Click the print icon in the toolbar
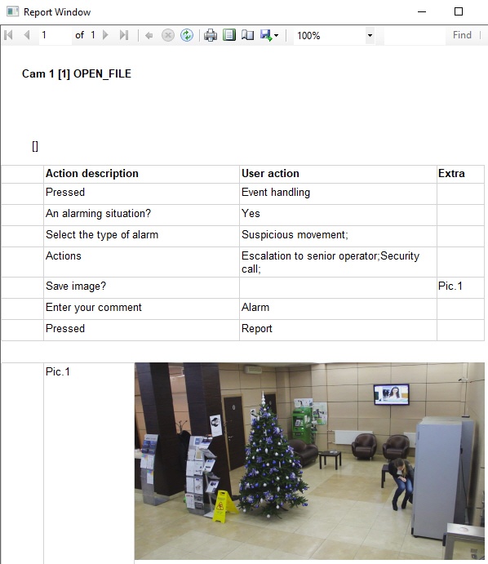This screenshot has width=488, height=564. pyautogui.click(x=211, y=35)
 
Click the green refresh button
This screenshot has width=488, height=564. pyautogui.click(x=187, y=35)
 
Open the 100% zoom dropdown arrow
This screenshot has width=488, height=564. pyautogui.click(x=370, y=35)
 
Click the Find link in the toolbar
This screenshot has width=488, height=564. pyautogui.click(x=462, y=35)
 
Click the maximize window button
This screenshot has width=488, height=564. pyautogui.click(x=459, y=11)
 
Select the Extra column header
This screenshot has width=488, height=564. pyautogui.click(x=451, y=173)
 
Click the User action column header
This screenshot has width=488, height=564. pyautogui.click(x=270, y=173)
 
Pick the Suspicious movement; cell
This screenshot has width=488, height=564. pyautogui.click(x=295, y=234)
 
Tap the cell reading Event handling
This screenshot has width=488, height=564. pyautogui.click(x=276, y=192)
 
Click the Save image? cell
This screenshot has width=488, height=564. pyautogui.click(x=76, y=286)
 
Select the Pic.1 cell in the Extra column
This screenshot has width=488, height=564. pyautogui.click(x=450, y=286)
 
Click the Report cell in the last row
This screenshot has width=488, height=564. pyautogui.click(x=257, y=328)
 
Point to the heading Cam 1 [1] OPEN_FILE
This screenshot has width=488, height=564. pyautogui.click(x=77, y=73)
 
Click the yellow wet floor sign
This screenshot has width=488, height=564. pyautogui.click(x=223, y=506)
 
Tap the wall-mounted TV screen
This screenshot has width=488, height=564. pyautogui.click(x=391, y=394)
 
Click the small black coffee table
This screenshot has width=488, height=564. pyautogui.click(x=330, y=458)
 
